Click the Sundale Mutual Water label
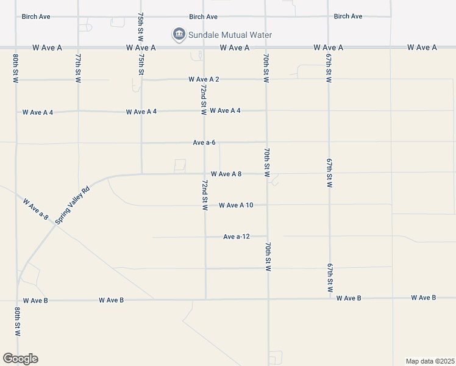coord(230,35)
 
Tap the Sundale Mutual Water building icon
coord(179,34)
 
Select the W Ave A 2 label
coord(204,79)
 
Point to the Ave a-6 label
coord(204,142)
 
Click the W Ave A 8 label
coord(226,174)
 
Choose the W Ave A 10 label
coord(236,205)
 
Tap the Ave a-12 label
coord(237,237)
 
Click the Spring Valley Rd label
coord(72,205)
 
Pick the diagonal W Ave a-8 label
coord(35,209)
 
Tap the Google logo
coord(20,359)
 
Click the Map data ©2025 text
coord(430,361)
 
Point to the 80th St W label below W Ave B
coord(16,322)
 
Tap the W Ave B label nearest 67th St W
coord(349,298)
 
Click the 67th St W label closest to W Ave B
coord(330,278)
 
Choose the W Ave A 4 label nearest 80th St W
coord(38,112)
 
